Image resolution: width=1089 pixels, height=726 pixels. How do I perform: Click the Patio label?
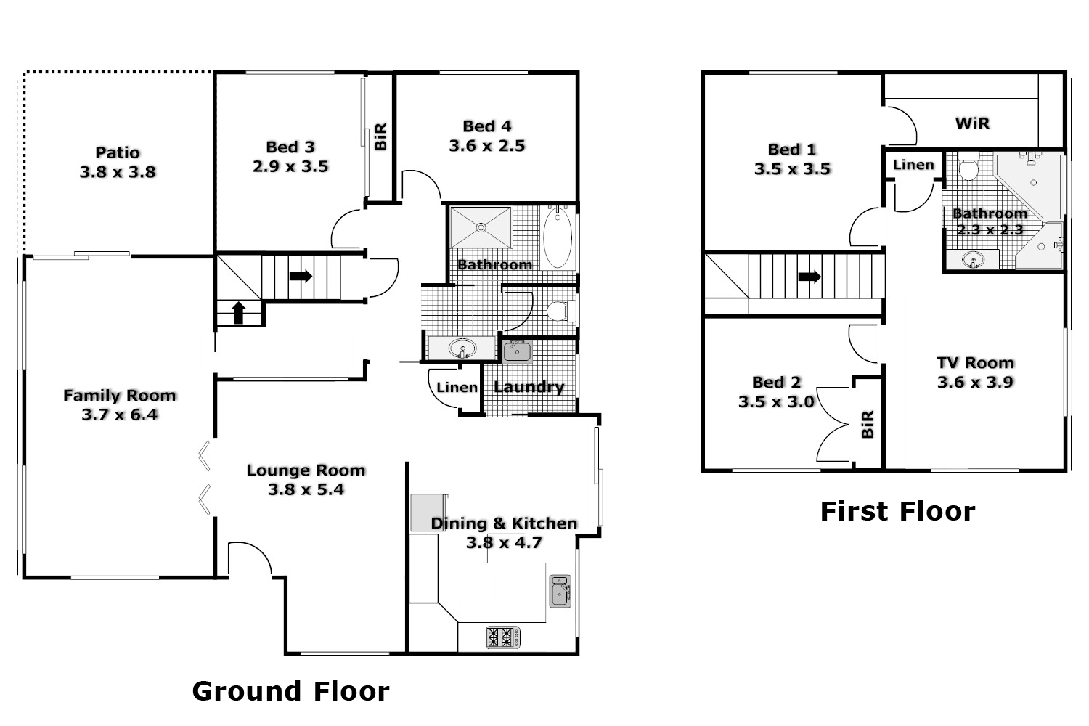(x=118, y=152)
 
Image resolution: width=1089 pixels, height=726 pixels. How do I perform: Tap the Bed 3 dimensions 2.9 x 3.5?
(x=290, y=167)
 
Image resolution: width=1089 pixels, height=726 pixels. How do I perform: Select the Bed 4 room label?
(x=487, y=126)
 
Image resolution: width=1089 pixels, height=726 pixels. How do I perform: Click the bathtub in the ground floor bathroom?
(x=558, y=238)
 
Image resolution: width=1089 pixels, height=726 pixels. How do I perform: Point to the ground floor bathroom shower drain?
(x=480, y=227)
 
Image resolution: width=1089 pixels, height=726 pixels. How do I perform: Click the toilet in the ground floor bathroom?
(x=559, y=311)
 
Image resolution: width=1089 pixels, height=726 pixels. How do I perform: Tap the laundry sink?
(x=517, y=352)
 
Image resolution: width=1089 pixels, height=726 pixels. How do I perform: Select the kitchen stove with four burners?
(x=503, y=637)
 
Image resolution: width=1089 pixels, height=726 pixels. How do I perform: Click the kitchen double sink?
(x=560, y=591)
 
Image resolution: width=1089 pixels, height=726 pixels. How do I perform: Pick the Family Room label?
(x=120, y=396)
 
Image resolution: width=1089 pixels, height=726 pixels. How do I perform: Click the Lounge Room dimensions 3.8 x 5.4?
(x=306, y=490)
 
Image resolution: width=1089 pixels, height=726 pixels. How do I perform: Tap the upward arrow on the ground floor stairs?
(x=238, y=312)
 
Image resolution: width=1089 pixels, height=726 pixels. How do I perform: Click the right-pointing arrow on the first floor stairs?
(x=809, y=277)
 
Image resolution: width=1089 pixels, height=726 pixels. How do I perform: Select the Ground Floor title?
(x=290, y=691)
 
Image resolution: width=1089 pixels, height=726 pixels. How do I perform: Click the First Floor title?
(x=897, y=512)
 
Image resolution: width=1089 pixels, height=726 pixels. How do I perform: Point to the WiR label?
(x=972, y=123)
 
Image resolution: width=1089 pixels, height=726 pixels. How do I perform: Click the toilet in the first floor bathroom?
(x=968, y=169)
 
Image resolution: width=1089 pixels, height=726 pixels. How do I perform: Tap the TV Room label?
(x=975, y=363)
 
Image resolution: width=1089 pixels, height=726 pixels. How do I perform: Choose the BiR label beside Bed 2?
(x=867, y=424)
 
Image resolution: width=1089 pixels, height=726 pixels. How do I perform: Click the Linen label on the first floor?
(x=913, y=165)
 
